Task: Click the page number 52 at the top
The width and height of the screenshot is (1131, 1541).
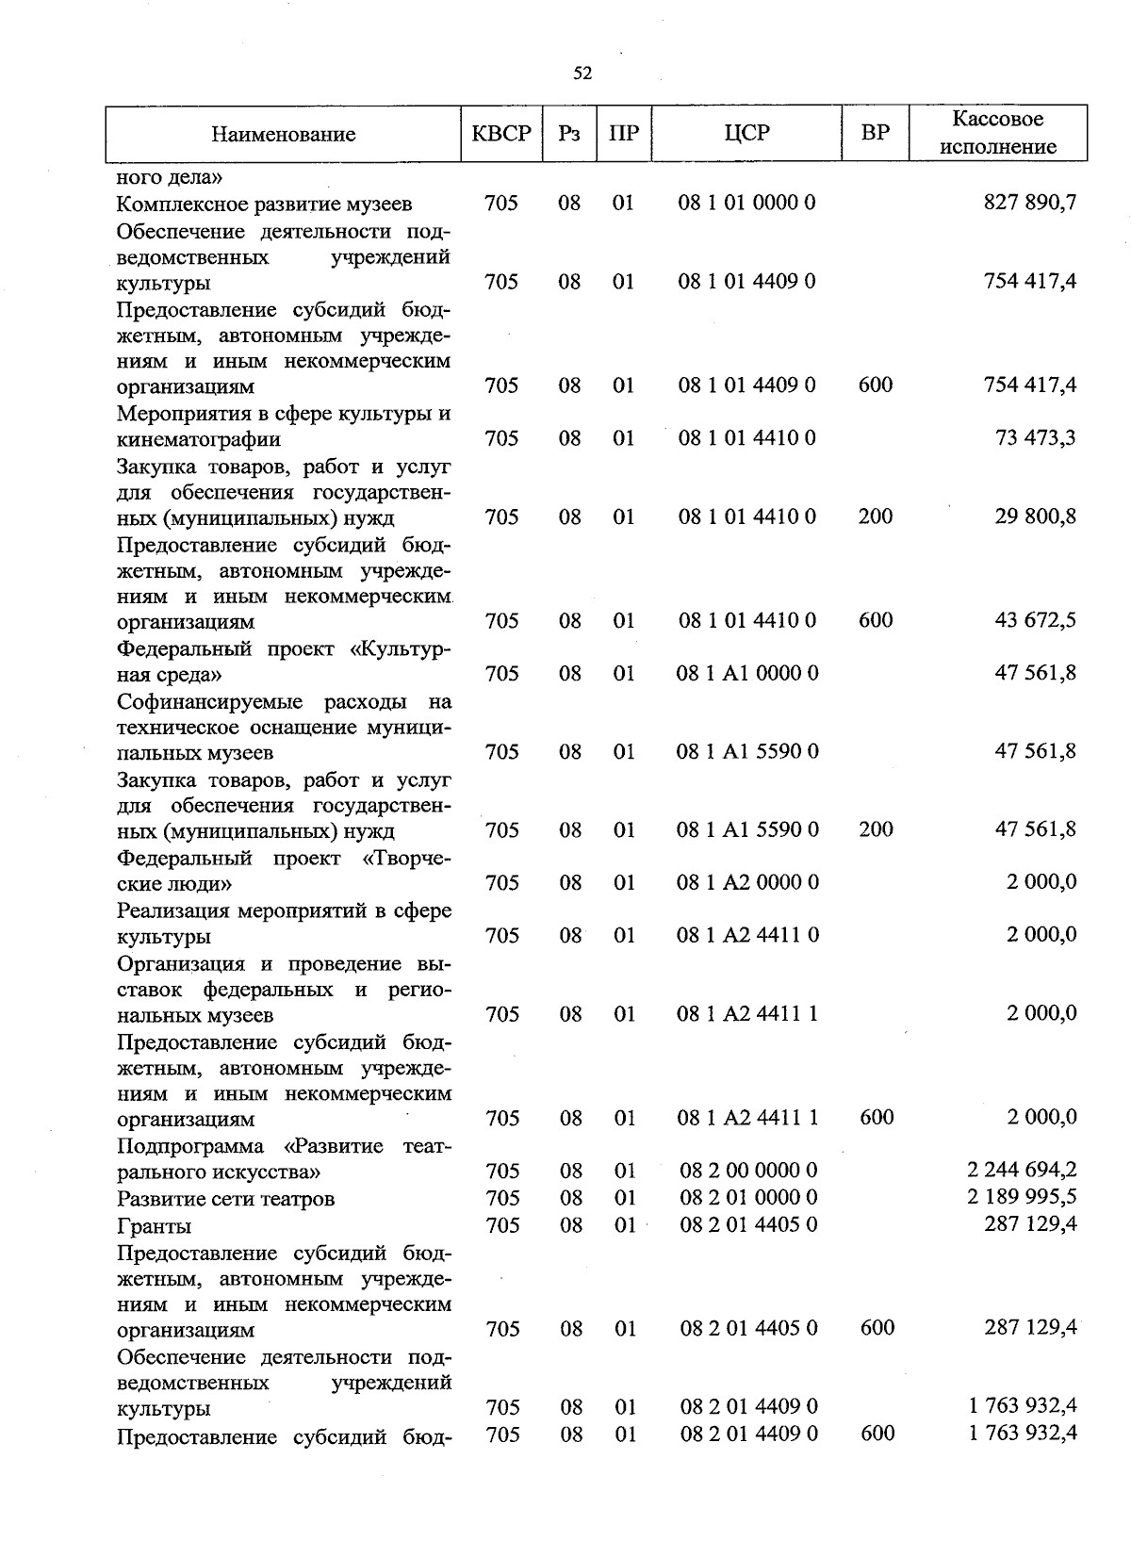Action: (582, 74)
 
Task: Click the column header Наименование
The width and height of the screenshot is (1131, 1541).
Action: (283, 134)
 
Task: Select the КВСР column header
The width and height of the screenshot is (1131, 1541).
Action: (501, 133)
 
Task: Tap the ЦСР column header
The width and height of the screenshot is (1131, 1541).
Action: (746, 133)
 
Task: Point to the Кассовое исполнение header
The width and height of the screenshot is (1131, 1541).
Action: (998, 133)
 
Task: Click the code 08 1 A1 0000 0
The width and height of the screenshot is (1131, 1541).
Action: (747, 673)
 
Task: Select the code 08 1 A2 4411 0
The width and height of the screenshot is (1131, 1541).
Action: (747, 935)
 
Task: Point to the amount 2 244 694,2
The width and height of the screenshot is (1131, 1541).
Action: (1022, 1170)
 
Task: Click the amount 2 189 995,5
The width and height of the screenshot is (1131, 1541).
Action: (1022, 1197)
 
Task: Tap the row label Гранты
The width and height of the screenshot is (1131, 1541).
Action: (154, 1226)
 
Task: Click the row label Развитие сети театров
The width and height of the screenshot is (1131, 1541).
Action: (225, 1199)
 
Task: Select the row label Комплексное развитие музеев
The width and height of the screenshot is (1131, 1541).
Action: (264, 204)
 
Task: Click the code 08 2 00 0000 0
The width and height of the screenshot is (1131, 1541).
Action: (748, 1171)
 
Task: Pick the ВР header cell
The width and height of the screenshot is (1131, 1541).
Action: (876, 133)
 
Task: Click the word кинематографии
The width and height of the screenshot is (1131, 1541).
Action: (199, 439)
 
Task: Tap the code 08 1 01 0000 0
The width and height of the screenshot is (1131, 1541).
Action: (746, 203)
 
